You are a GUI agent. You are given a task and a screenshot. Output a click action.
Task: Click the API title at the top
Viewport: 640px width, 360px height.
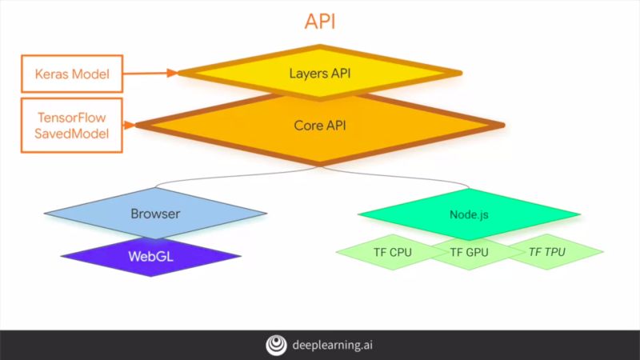(320, 22)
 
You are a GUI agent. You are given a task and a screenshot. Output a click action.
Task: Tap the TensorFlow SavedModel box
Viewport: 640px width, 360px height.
(71, 125)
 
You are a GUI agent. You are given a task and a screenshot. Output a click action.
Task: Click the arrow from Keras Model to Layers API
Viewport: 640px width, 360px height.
(151, 73)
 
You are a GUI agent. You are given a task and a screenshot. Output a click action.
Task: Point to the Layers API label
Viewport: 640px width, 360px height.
(319, 74)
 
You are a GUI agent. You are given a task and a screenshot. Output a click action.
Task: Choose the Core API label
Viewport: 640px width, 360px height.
(320, 125)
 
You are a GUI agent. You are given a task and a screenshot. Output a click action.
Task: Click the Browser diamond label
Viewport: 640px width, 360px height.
(155, 214)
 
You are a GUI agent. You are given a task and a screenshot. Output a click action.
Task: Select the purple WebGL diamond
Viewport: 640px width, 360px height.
(150, 257)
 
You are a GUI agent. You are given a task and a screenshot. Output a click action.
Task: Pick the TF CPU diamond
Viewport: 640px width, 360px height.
(393, 252)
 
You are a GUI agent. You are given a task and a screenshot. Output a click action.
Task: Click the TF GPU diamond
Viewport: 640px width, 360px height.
(469, 252)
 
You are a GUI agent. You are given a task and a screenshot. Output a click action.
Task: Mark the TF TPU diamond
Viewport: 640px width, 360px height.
(547, 252)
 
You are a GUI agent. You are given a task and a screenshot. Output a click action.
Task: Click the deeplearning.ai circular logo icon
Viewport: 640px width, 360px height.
(276, 345)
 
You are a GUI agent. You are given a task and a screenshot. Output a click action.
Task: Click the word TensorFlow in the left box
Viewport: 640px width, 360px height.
(71, 117)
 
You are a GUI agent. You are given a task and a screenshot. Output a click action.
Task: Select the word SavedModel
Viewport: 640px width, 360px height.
(71, 133)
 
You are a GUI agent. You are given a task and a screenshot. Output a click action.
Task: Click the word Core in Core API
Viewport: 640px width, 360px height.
(308, 125)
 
